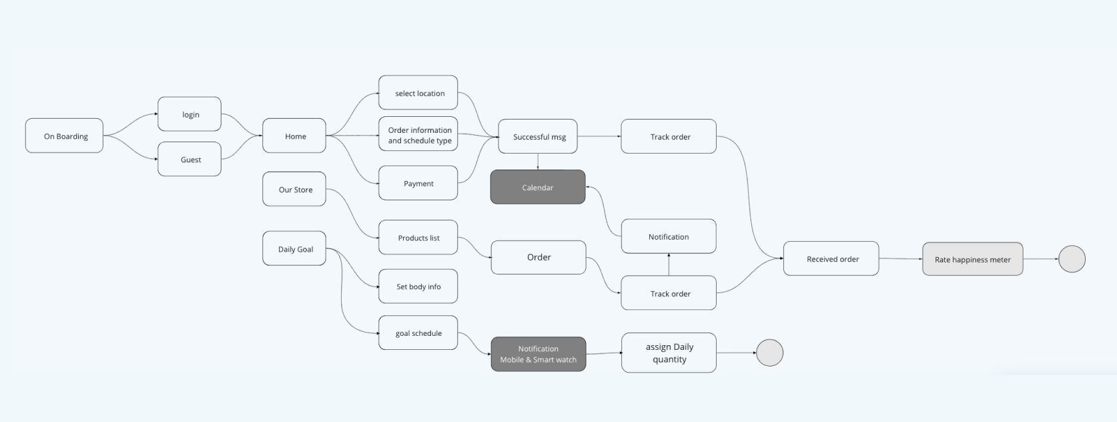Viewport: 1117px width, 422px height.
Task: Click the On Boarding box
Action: (65, 136)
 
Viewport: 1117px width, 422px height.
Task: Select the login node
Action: (190, 114)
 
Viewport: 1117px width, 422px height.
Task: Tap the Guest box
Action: (190, 159)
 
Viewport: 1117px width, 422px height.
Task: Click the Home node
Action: (294, 136)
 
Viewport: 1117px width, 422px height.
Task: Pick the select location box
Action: (418, 93)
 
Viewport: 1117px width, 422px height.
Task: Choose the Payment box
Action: (418, 183)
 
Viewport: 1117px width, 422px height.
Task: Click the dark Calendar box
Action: (538, 187)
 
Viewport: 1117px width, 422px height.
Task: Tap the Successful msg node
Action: (538, 136)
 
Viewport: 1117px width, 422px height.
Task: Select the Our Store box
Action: (294, 189)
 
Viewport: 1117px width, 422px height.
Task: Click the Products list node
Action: (418, 237)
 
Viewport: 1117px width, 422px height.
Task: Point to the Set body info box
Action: (418, 286)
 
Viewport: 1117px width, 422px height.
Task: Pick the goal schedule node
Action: (418, 333)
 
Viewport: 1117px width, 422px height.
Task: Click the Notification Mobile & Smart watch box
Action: (538, 354)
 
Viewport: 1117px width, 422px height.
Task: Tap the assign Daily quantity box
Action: (669, 353)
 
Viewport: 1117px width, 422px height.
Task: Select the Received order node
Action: (831, 258)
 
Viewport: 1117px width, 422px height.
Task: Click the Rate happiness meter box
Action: (972, 259)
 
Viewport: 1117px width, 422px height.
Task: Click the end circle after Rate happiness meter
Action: (1072, 259)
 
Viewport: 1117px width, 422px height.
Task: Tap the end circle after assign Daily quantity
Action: (769, 353)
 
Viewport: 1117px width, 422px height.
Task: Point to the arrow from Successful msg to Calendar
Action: (538, 162)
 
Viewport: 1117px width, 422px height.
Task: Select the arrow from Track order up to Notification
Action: (669, 264)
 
